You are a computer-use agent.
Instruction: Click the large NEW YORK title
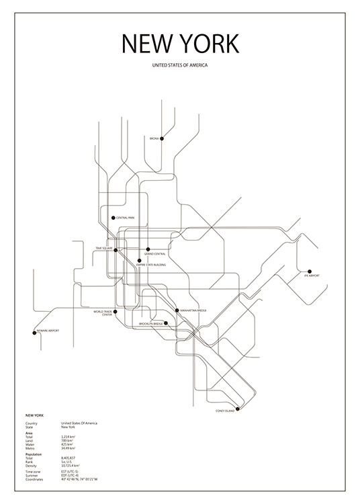click(180, 44)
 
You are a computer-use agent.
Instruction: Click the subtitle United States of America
click(180, 66)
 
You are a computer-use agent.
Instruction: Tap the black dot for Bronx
click(162, 138)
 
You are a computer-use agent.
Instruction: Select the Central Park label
click(126, 218)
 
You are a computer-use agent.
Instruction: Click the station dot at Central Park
click(114, 217)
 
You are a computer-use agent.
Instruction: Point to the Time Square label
click(104, 248)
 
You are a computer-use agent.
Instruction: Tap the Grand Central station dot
click(148, 249)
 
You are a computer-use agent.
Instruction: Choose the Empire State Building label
click(151, 265)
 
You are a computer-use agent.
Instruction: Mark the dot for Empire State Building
click(139, 260)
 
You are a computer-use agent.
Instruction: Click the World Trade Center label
click(103, 313)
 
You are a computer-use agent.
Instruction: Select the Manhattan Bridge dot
click(176, 310)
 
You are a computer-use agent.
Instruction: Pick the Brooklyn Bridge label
click(150, 324)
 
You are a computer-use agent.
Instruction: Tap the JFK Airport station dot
click(310, 271)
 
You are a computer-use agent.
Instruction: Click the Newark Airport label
click(48, 331)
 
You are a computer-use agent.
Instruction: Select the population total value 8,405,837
click(70, 458)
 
